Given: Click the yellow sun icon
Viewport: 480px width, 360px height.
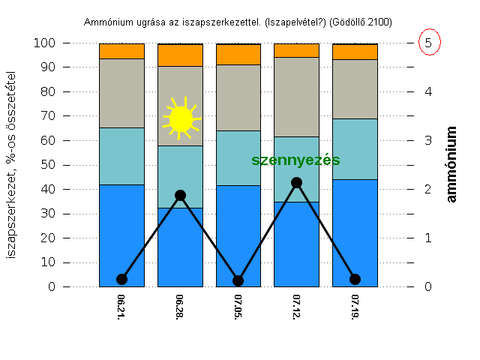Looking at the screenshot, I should (x=181, y=118).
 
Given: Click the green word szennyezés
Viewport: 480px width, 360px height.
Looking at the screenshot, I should (x=295, y=160).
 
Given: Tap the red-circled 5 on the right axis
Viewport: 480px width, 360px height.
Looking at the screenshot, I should (x=427, y=43).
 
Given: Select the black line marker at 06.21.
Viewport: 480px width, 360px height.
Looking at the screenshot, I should (x=121, y=279).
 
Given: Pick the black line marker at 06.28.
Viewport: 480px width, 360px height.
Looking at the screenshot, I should (x=180, y=195).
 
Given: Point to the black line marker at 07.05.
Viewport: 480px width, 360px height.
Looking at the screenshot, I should (x=238, y=280).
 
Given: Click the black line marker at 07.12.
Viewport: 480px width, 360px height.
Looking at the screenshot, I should (x=296, y=182).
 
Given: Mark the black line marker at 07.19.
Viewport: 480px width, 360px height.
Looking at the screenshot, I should (x=355, y=279).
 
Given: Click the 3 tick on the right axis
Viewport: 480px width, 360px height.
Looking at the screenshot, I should (x=427, y=140).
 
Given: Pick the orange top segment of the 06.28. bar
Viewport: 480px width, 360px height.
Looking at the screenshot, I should (x=180, y=55).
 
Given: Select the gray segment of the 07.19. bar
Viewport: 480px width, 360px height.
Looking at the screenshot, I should (x=355, y=88).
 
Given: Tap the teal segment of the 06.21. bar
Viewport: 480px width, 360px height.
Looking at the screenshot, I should (x=121, y=156).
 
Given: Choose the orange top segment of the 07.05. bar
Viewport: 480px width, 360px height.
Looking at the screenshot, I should (x=238, y=54).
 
